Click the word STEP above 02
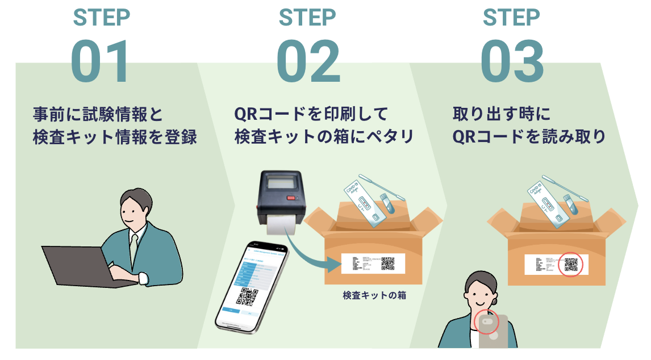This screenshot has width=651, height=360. point(307,17)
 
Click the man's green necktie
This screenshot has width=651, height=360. point(133,247)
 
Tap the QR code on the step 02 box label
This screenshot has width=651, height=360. point(387,263)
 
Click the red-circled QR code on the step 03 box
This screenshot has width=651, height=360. point(570,265)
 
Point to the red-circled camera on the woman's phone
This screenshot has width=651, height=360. point(487,322)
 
